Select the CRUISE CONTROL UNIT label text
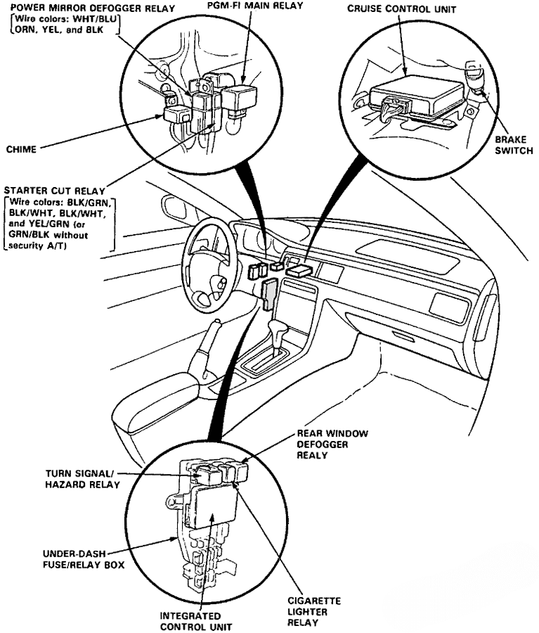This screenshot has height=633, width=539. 401,9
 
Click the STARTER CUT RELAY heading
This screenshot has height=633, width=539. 54,191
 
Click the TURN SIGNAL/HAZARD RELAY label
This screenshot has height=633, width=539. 77,479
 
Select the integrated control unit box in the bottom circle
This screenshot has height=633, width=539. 212,506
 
